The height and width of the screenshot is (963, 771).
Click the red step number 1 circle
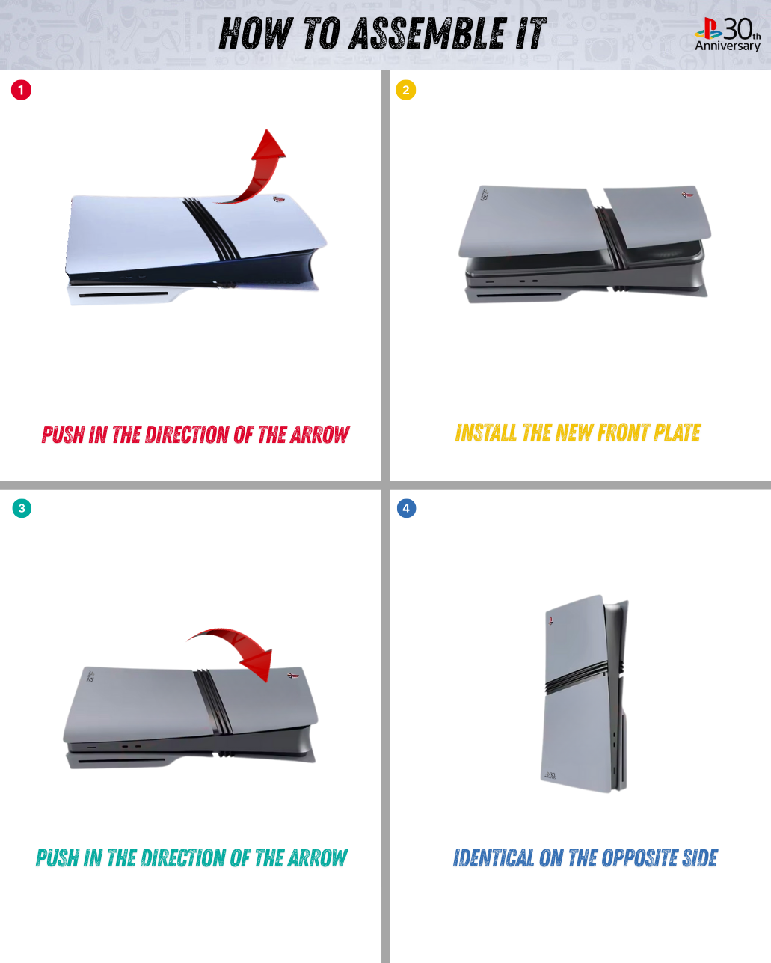[21, 90]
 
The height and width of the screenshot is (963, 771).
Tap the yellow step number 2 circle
[405, 90]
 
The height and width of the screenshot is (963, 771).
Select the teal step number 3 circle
[22, 508]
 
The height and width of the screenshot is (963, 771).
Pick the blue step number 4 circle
[406, 508]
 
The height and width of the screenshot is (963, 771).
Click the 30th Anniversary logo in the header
[728, 34]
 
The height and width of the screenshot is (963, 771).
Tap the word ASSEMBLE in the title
[428, 33]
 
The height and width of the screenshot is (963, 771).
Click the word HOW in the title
[256, 33]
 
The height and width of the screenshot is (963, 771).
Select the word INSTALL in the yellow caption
[485, 432]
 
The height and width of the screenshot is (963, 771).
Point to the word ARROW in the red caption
[320, 435]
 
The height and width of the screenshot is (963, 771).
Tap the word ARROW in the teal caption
[317, 858]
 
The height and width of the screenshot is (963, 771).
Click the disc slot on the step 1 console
[123, 295]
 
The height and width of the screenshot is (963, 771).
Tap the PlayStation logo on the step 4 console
[550, 620]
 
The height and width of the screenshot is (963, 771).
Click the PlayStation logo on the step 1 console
[277, 198]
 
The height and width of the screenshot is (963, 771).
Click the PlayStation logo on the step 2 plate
[687, 195]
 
